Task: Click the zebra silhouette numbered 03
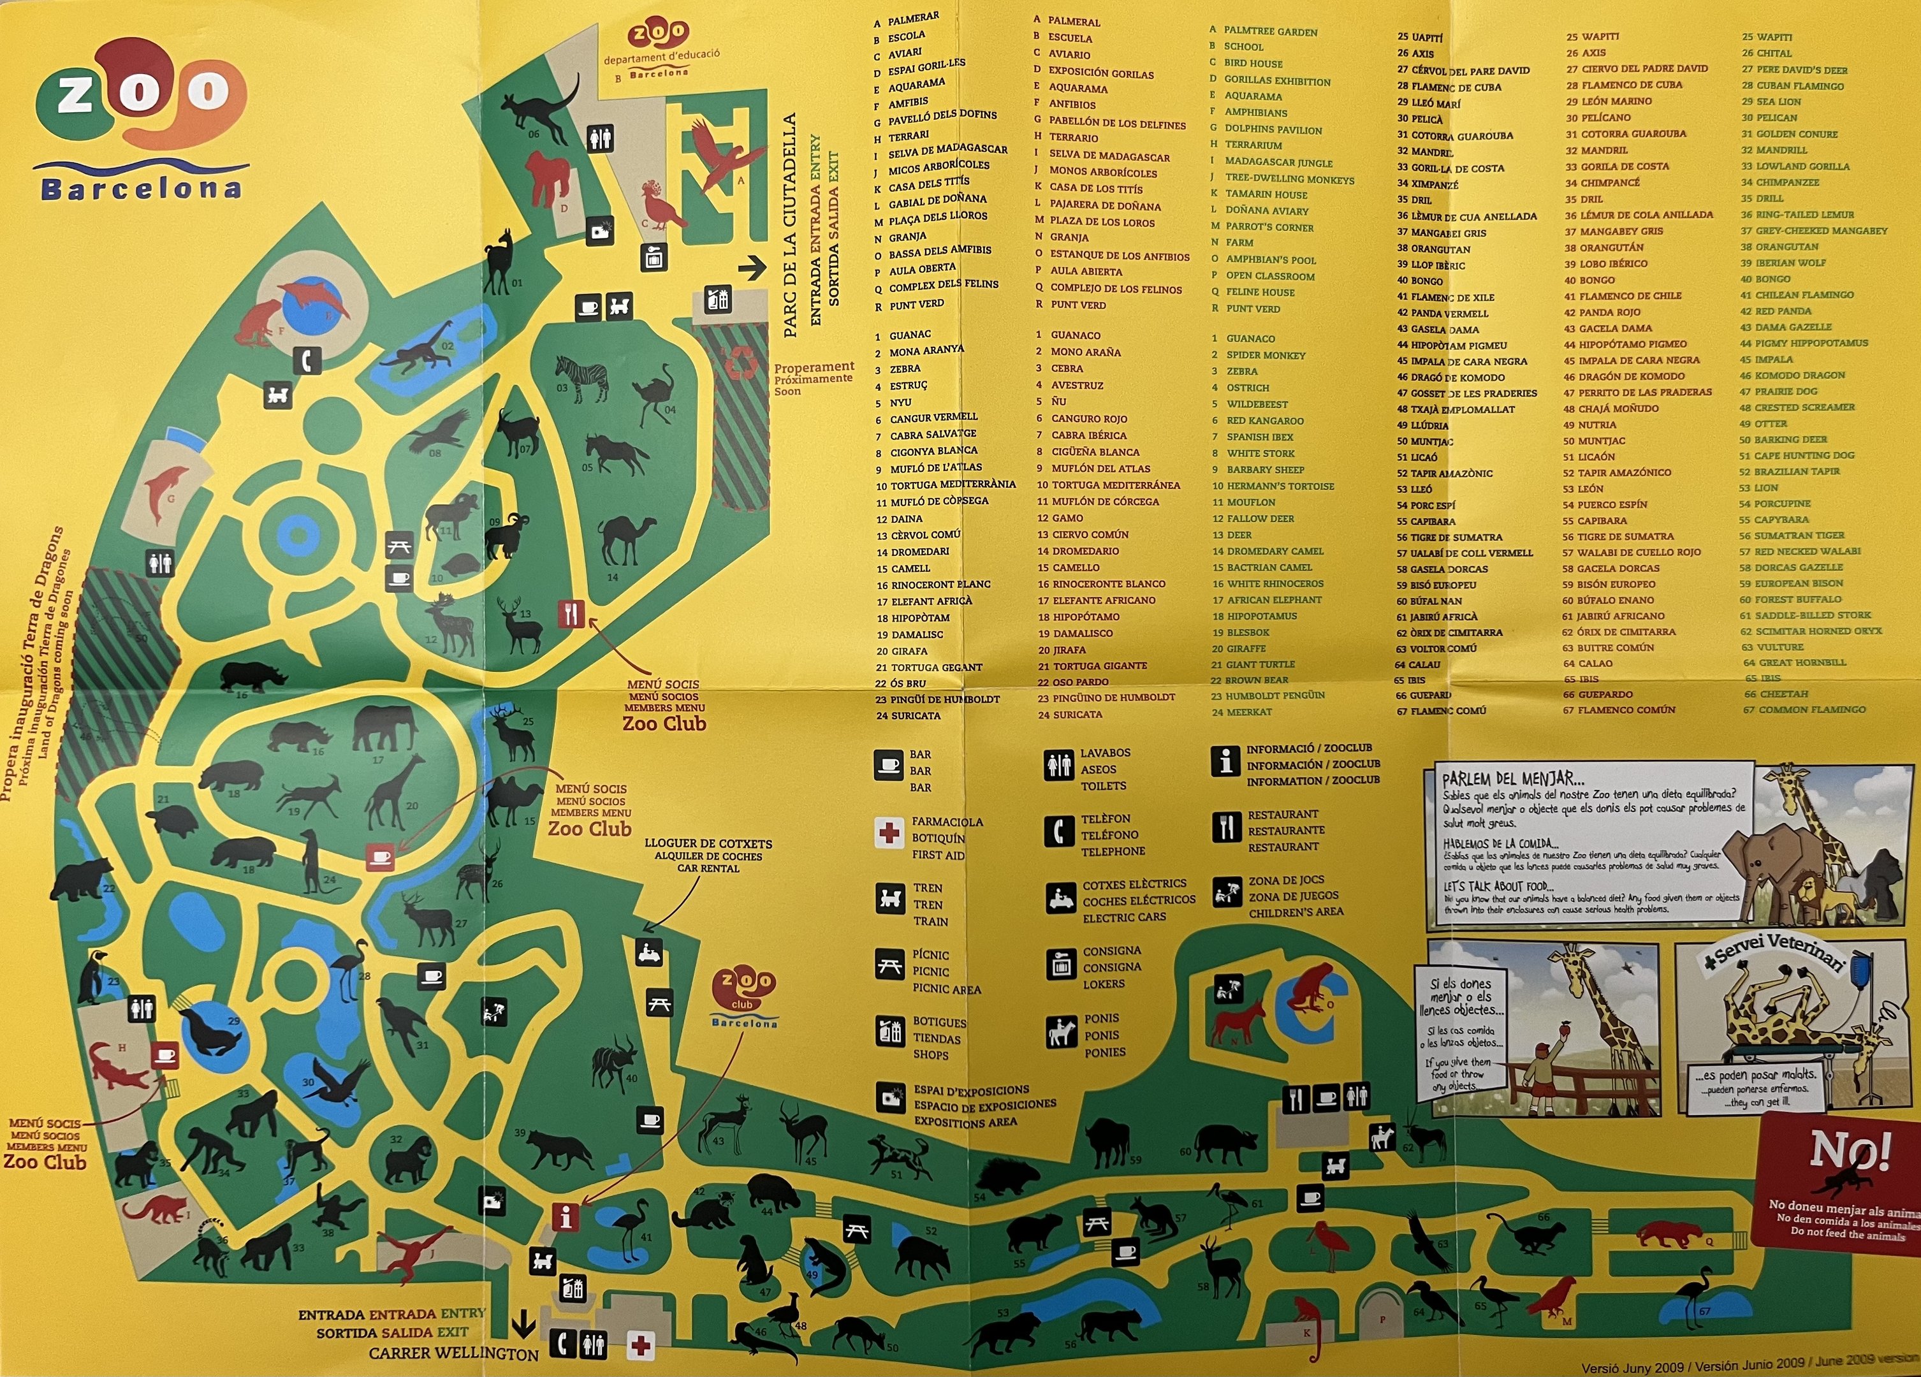click(582, 377)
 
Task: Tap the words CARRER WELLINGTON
click(453, 1352)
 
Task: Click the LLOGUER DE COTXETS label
click(708, 843)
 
